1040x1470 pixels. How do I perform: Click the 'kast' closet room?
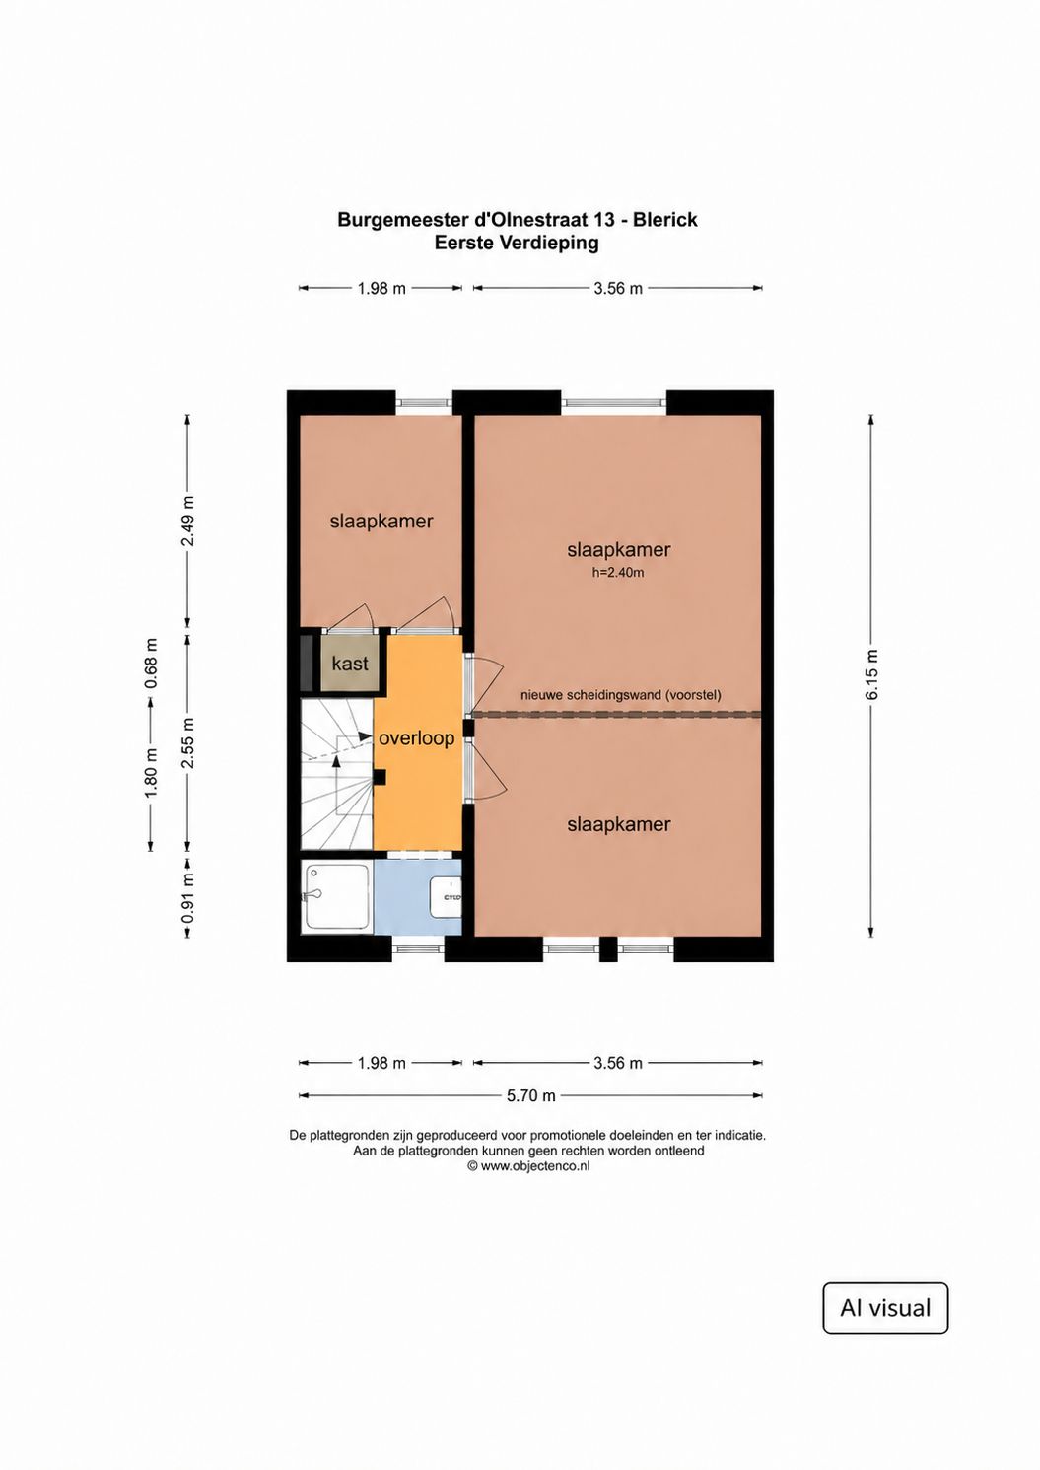pyautogui.click(x=350, y=663)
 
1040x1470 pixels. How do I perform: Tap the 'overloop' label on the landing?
pyautogui.click(x=417, y=738)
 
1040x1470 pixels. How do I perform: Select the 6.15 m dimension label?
pyautogui.click(x=871, y=674)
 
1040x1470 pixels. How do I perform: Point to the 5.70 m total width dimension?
pyautogui.click(x=530, y=1095)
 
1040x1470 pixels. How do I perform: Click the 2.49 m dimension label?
pyautogui.click(x=188, y=522)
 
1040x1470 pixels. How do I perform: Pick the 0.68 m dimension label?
pyautogui.click(x=151, y=663)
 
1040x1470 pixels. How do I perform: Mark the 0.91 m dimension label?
pyautogui.click(x=188, y=897)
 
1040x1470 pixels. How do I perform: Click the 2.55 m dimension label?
pyautogui.click(x=188, y=742)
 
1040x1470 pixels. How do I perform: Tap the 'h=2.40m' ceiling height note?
pyautogui.click(x=618, y=572)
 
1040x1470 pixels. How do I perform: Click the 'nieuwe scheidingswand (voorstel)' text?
pyautogui.click(x=621, y=695)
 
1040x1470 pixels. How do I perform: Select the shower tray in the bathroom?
pyautogui.click(x=336, y=897)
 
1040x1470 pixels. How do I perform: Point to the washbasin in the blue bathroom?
pyautogui.click(x=447, y=897)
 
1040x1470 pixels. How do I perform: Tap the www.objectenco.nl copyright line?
pyautogui.click(x=528, y=1166)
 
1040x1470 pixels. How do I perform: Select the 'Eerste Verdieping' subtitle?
pyautogui.click(x=517, y=243)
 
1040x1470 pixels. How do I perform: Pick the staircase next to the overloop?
pyautogui.click(x=336, y=774)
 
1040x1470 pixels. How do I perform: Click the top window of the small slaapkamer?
pyautogui.click(x=424, y=403)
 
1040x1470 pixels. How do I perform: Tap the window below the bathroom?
pyautogui.click(x=419, y=947)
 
